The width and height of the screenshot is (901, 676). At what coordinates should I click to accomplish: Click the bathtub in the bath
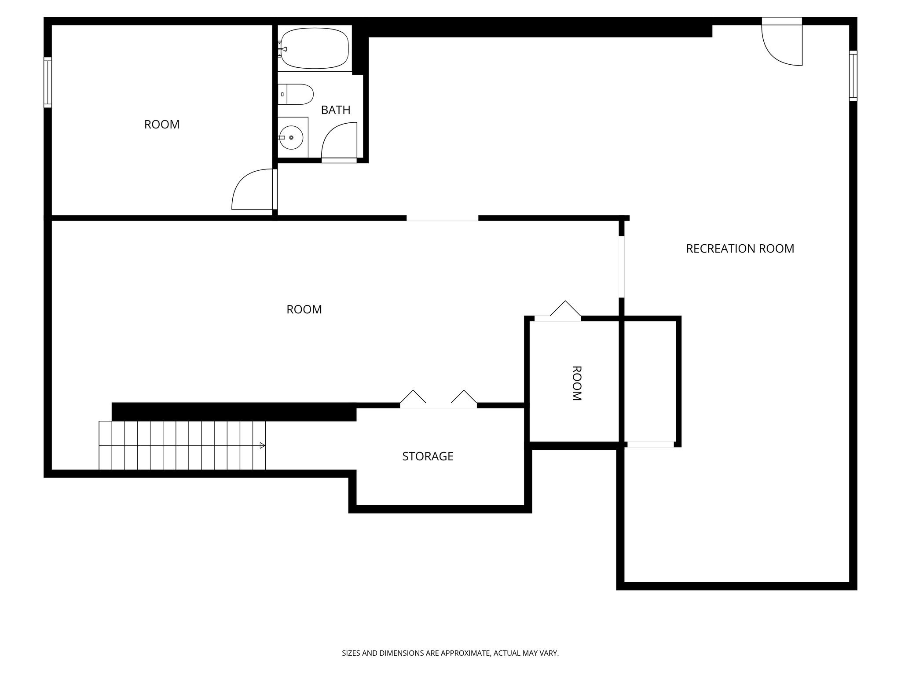(x=315, y=48)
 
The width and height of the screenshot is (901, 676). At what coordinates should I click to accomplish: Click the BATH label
(x=335, y=110)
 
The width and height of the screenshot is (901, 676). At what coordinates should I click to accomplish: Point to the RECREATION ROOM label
(x=740, y=249)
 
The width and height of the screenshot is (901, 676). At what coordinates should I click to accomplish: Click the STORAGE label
(x=427, y=456)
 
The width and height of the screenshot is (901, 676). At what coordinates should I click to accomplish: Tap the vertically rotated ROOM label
(x=576, y=383)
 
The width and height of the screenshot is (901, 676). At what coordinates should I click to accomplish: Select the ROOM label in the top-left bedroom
(x=161, y=125)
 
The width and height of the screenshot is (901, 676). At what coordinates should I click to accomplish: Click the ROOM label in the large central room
(x=304, y=309)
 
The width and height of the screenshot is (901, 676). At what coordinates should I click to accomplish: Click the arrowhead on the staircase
(x=262, y=445)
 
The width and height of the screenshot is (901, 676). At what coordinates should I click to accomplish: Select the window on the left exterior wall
(x=48, y=82)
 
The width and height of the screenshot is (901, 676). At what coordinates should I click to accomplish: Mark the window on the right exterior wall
(x=853, y=76)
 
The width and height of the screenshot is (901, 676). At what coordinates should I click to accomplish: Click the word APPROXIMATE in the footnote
(x=466, y=654)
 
